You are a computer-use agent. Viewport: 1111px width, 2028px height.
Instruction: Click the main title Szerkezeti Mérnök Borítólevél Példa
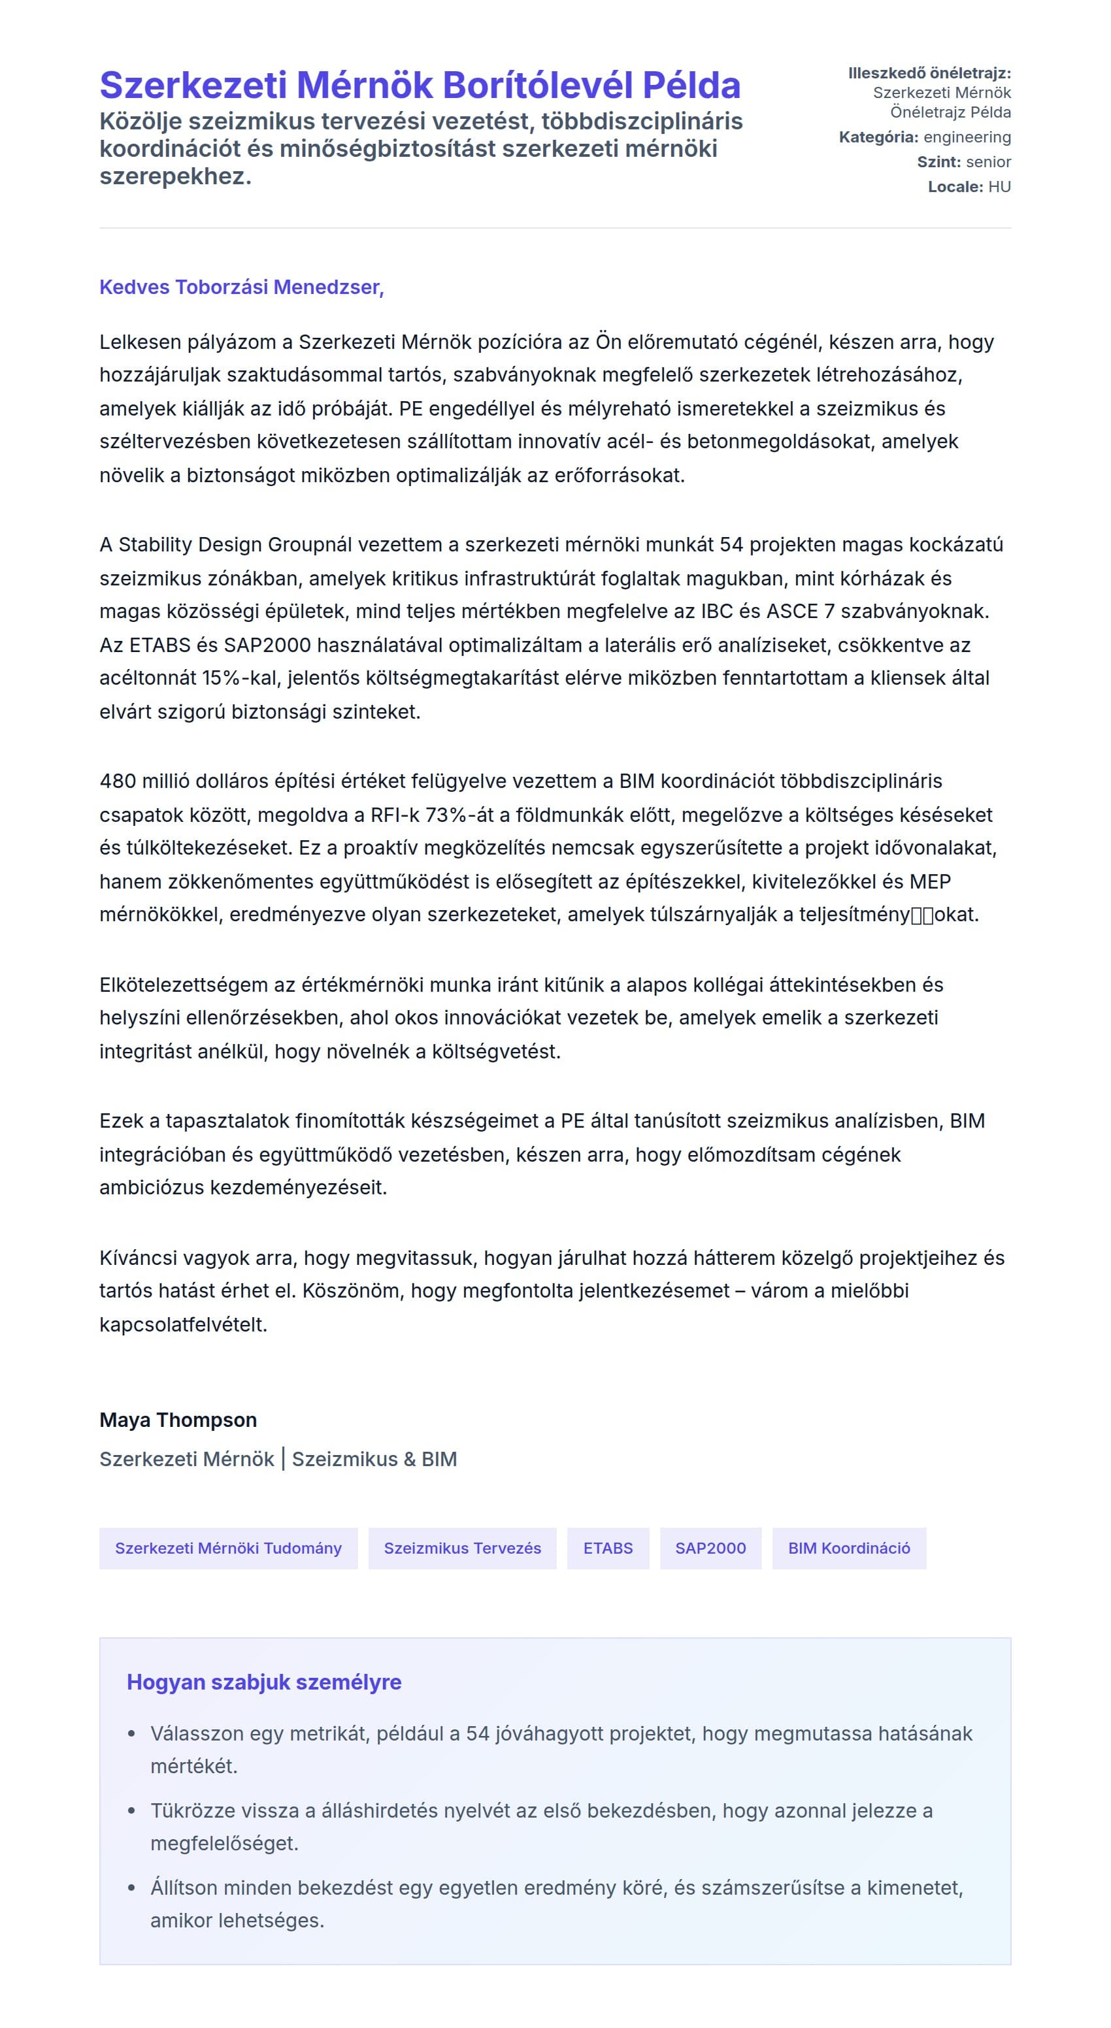[x=420, y=86]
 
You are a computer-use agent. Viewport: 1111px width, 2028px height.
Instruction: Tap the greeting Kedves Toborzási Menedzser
[x=241, y=287]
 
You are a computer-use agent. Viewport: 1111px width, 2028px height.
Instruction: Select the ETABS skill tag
[x=607, y=1548]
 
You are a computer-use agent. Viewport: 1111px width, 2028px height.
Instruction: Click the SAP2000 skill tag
[x=710, y=1548]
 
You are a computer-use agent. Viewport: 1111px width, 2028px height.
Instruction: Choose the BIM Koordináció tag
[x=848, y=1548]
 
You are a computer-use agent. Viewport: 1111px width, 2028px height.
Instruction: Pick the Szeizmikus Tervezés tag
[x=462, y=1548]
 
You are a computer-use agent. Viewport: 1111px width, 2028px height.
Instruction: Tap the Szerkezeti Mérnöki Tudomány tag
[x=228, y=1548]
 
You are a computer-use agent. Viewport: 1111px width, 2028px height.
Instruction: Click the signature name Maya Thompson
[x=178, y=1420]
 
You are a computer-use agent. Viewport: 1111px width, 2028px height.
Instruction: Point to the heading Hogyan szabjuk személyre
[x=264, y=1682]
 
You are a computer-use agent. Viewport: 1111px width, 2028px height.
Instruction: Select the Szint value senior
[x=987, y=162]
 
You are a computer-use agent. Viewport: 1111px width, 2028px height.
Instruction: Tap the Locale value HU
[x=999, y=188]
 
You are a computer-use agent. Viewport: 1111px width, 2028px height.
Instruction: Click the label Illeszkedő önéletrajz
[x=929, y=73]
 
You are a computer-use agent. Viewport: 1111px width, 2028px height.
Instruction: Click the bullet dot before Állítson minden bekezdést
[x=131, y=1888]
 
